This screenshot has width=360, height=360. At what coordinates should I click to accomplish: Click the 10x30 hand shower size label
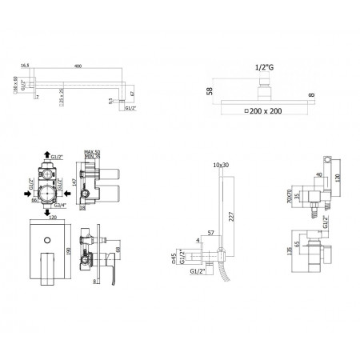[x=222, y=165]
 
